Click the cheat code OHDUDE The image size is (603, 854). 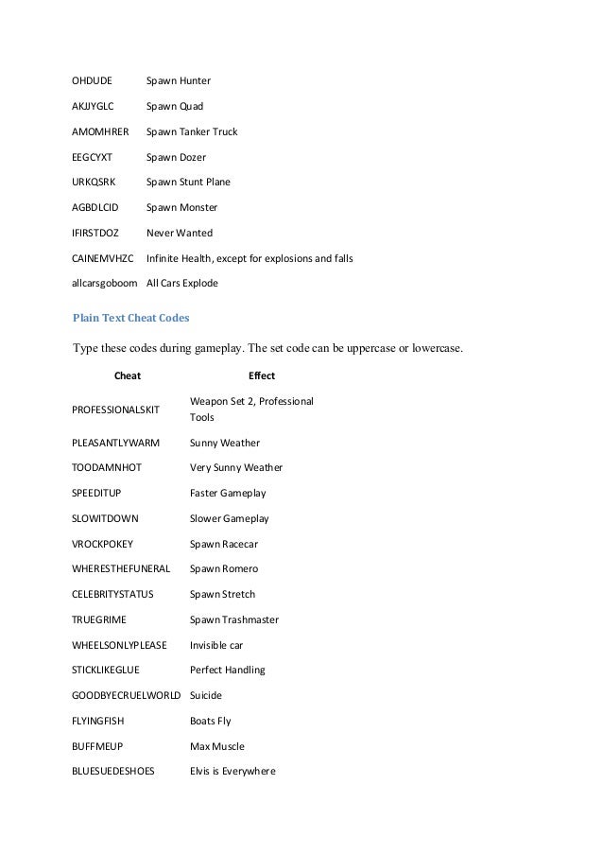tap(92, 80)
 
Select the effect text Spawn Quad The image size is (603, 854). tap(175, 106)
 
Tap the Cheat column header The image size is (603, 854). tap(127, 375)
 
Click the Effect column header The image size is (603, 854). tap(261, 375)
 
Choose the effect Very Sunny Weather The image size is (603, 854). tap(235, 467)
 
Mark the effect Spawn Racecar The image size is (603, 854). tap(224, 544)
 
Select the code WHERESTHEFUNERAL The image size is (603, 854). tap(121, 568)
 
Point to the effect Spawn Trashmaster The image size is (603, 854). tap(233, 619)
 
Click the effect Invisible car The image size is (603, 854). tap(216, 645)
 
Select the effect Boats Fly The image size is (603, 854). tap(210, 721)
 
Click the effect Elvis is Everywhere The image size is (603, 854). tap(233, 771)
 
